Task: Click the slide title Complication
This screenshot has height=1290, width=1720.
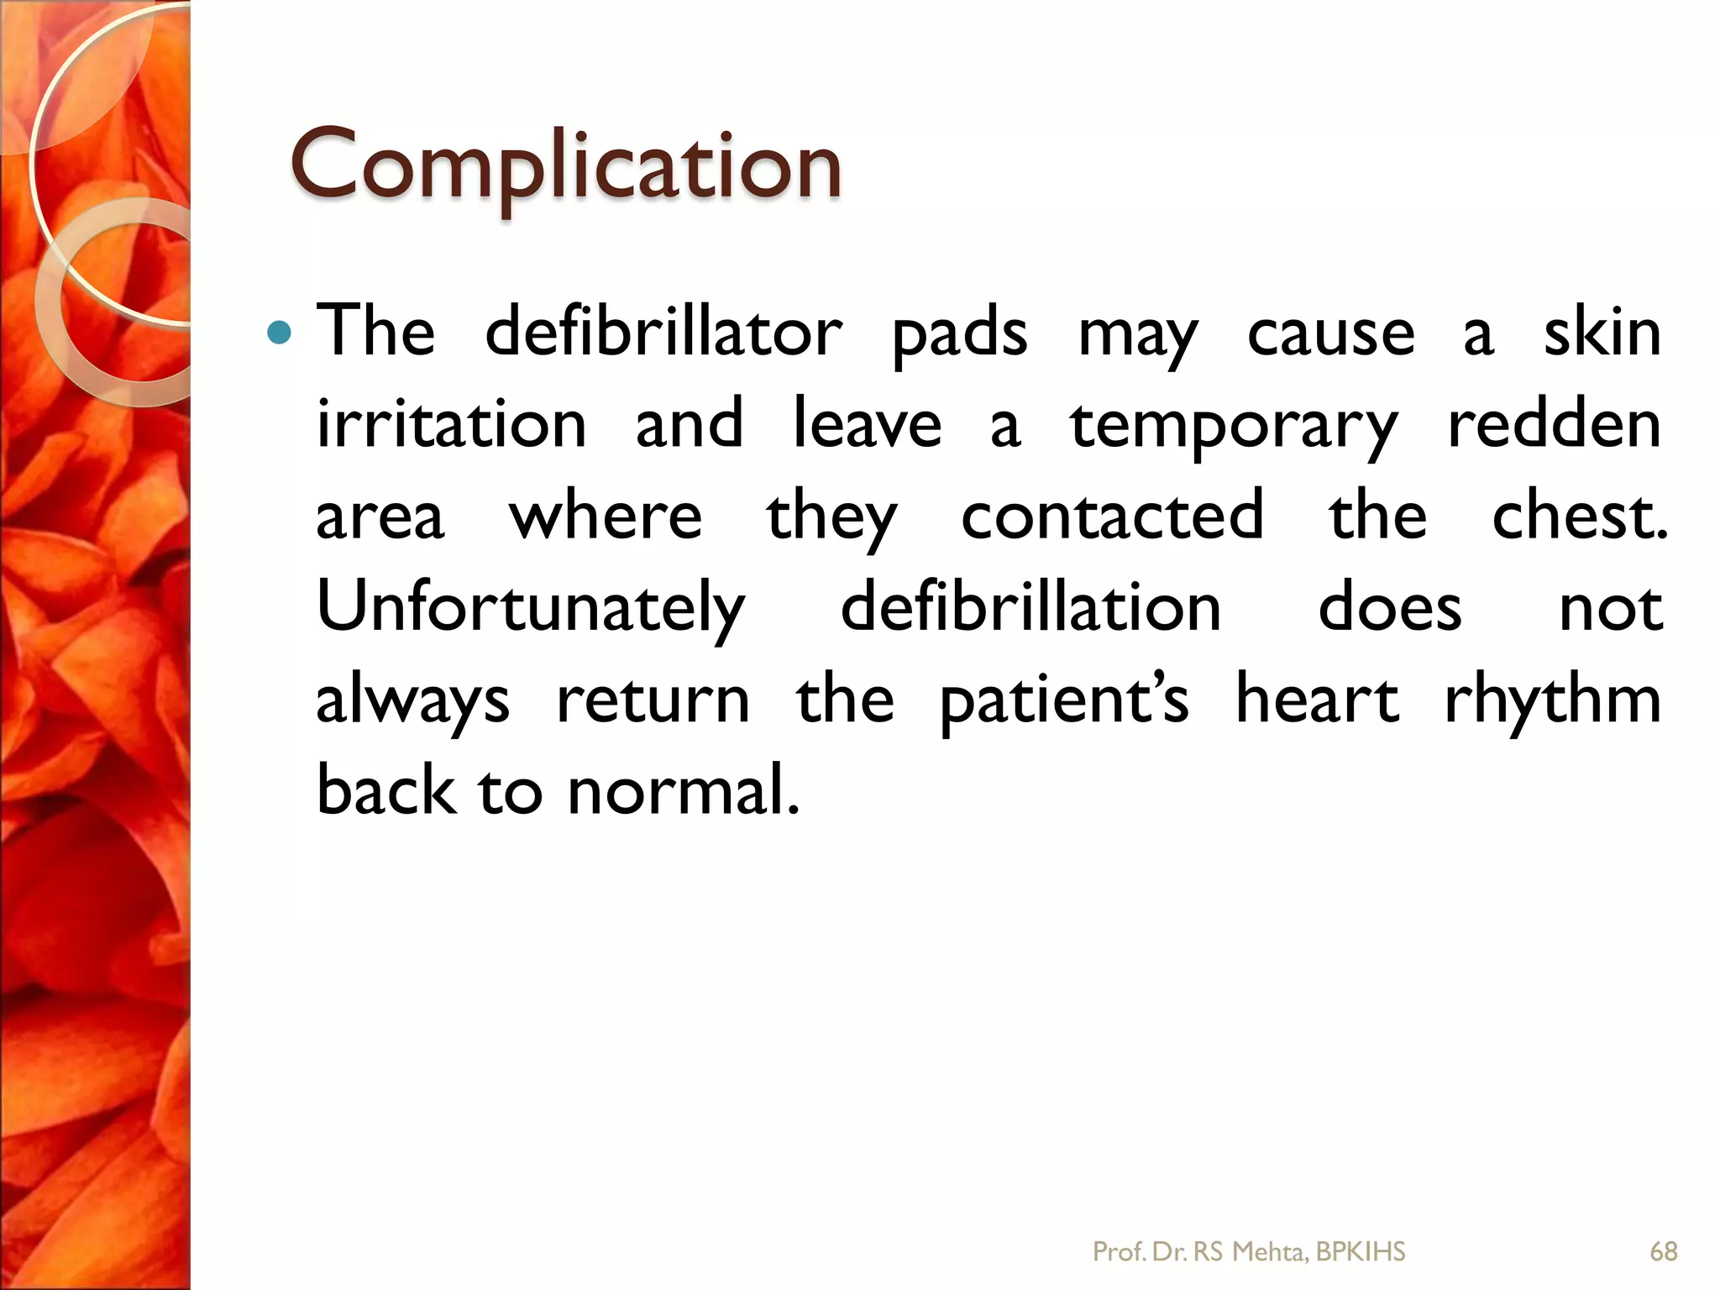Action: pos(565,165)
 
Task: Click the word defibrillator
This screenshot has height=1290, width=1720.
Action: pos(663,333)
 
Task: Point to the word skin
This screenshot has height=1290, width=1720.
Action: pos(1602,333)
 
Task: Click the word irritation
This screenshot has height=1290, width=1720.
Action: pos(451,424)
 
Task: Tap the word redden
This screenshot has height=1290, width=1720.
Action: pos(1555,424)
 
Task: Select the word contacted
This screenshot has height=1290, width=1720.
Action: pos(1112,515)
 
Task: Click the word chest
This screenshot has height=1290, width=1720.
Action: pos(1579,515)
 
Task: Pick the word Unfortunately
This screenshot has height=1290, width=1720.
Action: pos(531,608)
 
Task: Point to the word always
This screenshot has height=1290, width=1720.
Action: pos(412,700)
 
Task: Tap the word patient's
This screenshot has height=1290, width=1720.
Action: pos(1064,700)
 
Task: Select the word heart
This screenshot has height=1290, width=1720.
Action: pos(1317,699)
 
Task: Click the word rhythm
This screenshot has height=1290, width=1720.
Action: pos(1553,700)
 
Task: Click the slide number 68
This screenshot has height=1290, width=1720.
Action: pos(1663,1251)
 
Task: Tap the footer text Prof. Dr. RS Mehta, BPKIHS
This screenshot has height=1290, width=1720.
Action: pos(1248,1251)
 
